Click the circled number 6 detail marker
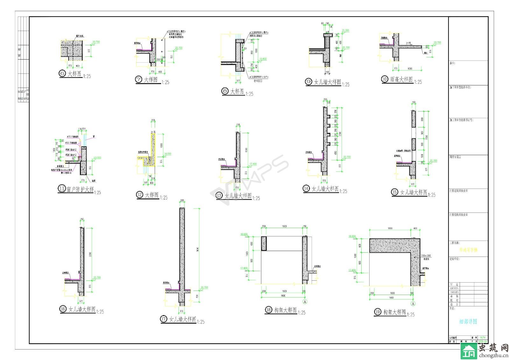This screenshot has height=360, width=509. (x=62, y=74)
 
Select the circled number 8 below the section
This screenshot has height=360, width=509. (x=225, y=91)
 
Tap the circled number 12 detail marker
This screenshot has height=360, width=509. (x=140, y=194)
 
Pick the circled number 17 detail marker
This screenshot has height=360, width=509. (x=164, y=319)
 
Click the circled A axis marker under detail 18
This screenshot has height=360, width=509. (x=305, y=301)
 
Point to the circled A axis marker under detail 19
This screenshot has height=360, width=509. (x=413, y=304)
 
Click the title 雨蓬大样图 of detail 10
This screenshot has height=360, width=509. (x=401, y=79)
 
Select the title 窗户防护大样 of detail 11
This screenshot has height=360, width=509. (x=80, y=189)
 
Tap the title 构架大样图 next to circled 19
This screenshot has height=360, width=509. (x=394, y=312)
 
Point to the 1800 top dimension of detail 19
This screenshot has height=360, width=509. (x=390, y=228)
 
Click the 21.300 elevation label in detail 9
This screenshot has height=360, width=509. (x=345, y=31)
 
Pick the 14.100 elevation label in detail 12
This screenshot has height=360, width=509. (x=167, y=154)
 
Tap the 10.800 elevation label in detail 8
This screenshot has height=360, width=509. (x=263, y=59)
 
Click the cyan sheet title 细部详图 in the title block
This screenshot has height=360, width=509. (x=468, y=321)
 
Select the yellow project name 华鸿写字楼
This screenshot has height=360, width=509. (x=468, y=250)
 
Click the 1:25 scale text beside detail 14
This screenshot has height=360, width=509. (x=343, y=191)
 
